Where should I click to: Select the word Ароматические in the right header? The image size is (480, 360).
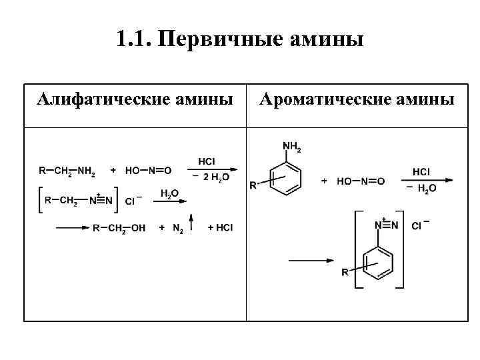click(311, 100)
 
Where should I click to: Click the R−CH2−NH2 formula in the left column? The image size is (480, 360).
click(67, 171)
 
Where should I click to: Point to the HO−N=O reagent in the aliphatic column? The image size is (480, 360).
click(148, 171)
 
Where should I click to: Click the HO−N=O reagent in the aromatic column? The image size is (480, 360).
click(361, 181)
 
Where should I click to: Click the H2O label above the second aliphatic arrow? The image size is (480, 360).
click(169, 193)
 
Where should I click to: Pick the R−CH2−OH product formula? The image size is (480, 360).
click(119, 228)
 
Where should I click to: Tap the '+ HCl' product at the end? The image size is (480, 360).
click(221, 228)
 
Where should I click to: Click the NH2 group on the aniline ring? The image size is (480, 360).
click(292, 147)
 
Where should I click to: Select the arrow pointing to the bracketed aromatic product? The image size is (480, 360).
click(310, 260)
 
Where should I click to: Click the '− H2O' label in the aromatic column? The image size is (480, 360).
click(421, 189)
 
